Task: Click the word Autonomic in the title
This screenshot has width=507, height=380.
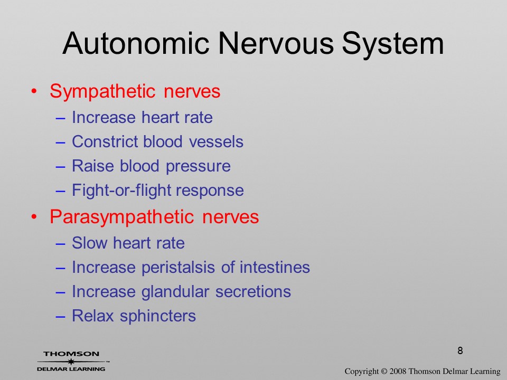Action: [x=136, y=43]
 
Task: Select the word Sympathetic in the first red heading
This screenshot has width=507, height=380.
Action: [x=103, y=91]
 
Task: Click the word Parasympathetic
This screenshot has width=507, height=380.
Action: [x=122, y=217]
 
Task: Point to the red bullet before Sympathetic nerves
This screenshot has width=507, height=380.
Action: [x=34, y=91]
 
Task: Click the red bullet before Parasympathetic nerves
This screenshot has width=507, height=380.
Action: [x=34, y=217]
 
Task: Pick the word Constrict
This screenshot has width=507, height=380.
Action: [x=105, y=141]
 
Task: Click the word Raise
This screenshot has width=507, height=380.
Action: [x=93, y=166]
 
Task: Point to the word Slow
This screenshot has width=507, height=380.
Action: [x=89, y=243]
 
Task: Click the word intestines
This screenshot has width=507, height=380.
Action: [x=275, y=267]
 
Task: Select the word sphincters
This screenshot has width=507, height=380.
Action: [x=158, y=316]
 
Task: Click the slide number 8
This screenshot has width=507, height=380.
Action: [x=460, y=350]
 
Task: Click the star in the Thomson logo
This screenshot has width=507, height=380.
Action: [x=70, y=362]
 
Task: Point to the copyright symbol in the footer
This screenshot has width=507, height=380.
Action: [x=384, y=371]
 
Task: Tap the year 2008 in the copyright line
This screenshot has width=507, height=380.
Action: [x=398, y=371]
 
